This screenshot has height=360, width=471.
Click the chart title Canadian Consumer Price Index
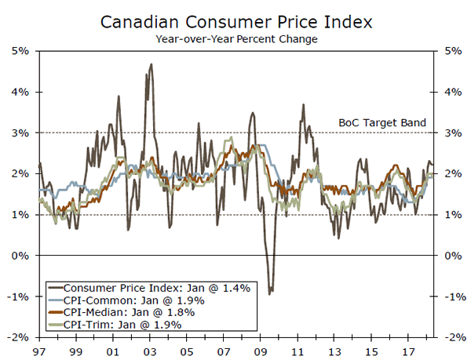click(x=235, y=20)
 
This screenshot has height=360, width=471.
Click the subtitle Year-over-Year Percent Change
click(x=235, y=38)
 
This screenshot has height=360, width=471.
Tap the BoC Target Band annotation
click(x=382, y=122)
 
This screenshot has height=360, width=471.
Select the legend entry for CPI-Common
click(x=134, y=300)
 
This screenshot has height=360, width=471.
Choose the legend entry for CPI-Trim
click(x=123, y=324)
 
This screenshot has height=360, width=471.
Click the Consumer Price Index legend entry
click(x=157, y=288)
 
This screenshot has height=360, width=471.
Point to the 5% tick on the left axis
click(x=20, y=51)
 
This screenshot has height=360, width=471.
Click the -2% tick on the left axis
click(x=18, y=337)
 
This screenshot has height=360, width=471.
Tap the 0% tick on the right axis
click(x=451, y=256)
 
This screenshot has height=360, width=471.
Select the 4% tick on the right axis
click(x=451, y=92)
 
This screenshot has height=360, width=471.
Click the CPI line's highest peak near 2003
click(x=151, y=64)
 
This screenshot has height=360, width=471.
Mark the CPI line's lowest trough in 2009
click(x=270, y=293)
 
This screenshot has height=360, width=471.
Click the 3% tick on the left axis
click(x=20, y=133)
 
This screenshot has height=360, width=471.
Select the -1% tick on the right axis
click(x=452, y=296)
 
